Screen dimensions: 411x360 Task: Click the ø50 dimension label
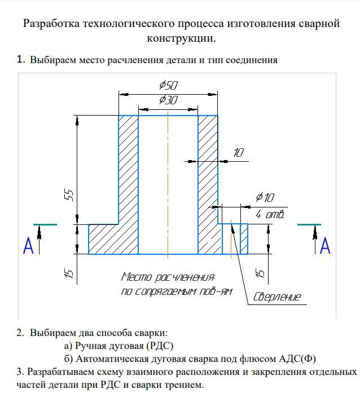168,86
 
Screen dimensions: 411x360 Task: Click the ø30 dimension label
168,100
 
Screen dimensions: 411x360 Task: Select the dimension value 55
69,195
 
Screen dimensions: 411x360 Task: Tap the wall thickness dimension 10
239,152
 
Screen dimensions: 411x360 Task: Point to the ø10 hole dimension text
264,197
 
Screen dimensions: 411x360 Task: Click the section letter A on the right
324,246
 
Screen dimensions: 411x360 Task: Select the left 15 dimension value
69,273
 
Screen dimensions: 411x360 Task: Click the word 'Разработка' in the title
51,24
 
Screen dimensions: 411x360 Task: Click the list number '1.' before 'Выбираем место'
21,59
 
